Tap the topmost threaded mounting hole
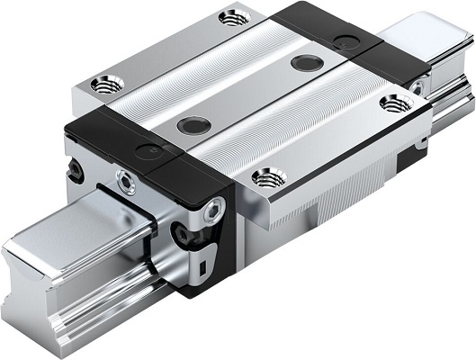click(233, 16)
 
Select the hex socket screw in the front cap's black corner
click(212, 209)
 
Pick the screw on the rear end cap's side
click(416, 87)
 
